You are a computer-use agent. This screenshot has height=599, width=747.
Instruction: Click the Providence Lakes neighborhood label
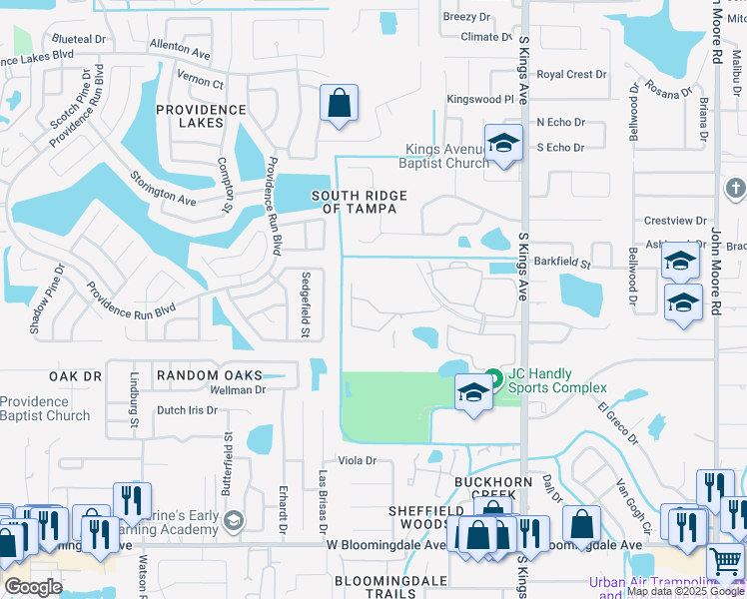(201, 117)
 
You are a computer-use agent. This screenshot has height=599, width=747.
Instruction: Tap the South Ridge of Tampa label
(354, 202)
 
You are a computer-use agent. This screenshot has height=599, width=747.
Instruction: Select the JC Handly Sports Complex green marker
(492, 378)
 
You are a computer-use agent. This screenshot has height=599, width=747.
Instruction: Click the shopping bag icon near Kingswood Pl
(339, 103)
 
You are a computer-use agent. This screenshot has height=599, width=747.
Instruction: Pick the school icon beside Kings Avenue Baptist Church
(503, 143)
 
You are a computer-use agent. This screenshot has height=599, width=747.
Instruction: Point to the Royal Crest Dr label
(571, 75)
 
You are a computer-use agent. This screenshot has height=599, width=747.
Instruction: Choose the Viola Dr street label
(357, 460)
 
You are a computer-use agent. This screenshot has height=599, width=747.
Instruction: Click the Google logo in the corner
(32, 587)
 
